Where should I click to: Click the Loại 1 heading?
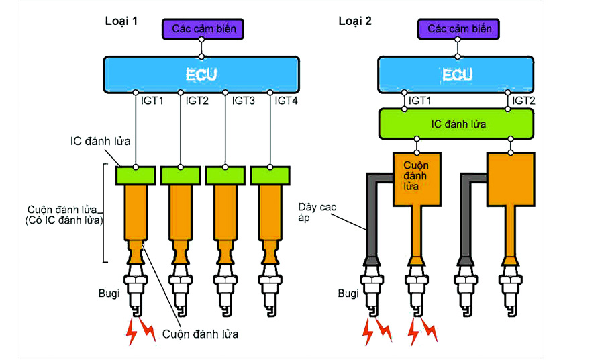tap(121, 20)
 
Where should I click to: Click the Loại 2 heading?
tap(355, 20)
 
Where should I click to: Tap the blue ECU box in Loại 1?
tap(201, 73)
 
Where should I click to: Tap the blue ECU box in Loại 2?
tap(456, 73)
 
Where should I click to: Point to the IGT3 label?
tap(244, 101)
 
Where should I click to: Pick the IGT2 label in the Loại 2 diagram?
tap(523, 101)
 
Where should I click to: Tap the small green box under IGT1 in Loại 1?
tap(136, 175)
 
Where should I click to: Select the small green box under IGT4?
tap(270, 175)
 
